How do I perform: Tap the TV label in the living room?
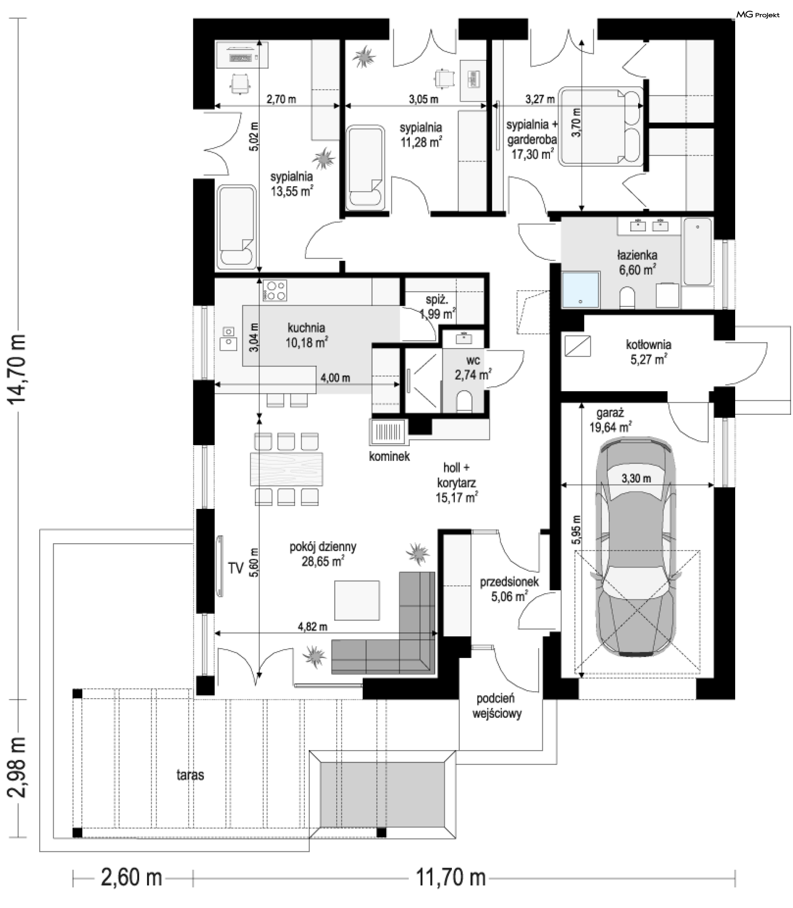(x=236, y=568)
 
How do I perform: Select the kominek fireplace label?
(x=389, y=456)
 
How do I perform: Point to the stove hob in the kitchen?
(x=274, y=290)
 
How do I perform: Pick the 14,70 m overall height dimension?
(x=17, y=369)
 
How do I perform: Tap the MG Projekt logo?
(x=757, y=15)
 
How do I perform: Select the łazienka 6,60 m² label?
(x=637, y=262)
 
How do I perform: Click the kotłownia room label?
(x=648, y=344)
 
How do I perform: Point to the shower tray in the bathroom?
(x=581, y=290)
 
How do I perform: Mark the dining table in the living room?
(x=286, y=468)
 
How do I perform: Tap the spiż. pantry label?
(x=437, y=299)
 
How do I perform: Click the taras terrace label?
(x=190, y=775)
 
